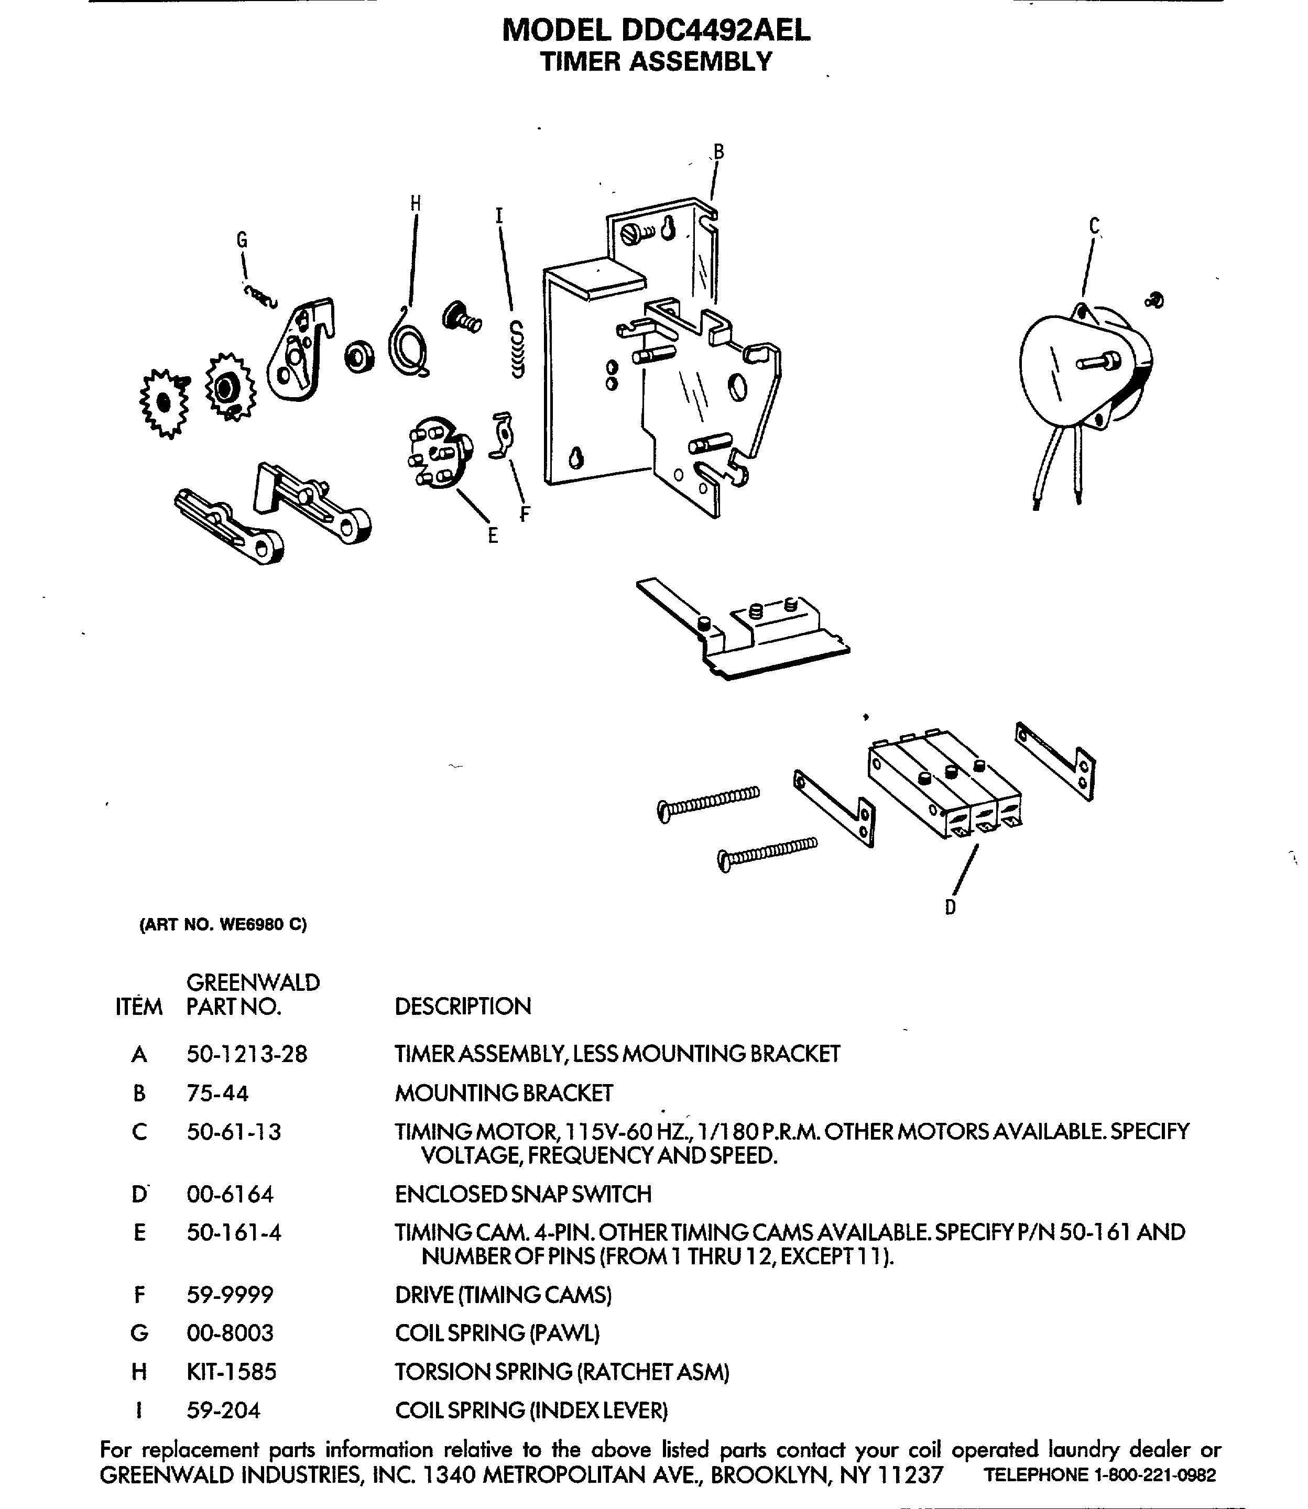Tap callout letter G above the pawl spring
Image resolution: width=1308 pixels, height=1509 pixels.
pyautogui.click(x=242, y=240)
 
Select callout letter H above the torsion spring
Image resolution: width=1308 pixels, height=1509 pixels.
pyautogui.click(x=416, y=204)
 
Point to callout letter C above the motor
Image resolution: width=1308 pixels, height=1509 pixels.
pyautogui.click(x=1094, y=226)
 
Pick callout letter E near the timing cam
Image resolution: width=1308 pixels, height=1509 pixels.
pyautogui.click(x=493, y=535)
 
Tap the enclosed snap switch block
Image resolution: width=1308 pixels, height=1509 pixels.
pyautogui.click(x=945, y=784)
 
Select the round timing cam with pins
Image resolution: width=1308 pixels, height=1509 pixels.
pyautogui.click(x=438, y=452)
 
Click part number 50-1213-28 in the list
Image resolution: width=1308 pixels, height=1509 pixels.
pyautogui.click(x=247, y=1054)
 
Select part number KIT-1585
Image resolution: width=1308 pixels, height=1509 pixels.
pyautogui.click(x=232, y=1372)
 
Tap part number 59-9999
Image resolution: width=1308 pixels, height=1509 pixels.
pyautogui.click(x=230, y=1295)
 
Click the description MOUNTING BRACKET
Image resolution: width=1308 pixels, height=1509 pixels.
pyautogui.click(x=504, y=1093)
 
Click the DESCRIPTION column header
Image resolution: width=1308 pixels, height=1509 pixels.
pyautogui.click(x=463, y=1006)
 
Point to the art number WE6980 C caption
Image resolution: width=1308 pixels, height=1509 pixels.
pyautogui.click(x=223, y=924)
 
